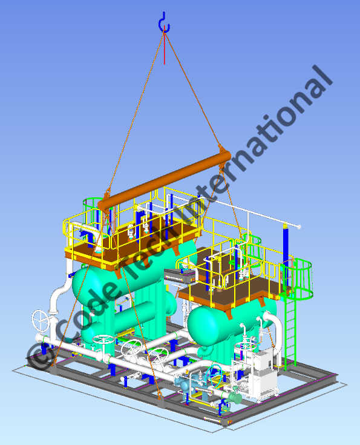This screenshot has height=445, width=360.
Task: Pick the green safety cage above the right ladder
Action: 299,279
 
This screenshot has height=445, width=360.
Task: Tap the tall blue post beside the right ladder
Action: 286,248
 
